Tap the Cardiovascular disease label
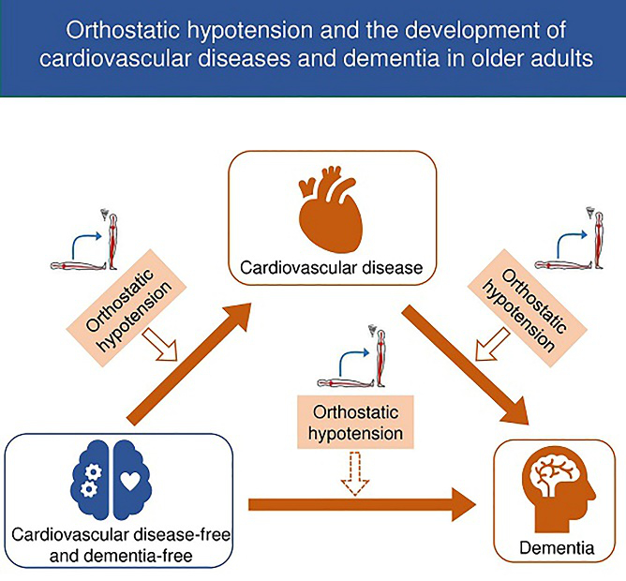(332, 268)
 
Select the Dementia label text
(557, 548)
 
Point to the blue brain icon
(111, 480)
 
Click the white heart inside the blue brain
(130, 481)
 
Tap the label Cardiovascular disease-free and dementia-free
(121, 545)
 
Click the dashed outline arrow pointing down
(355, 473)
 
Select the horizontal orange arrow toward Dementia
(362, 504)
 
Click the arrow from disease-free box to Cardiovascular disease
(189, 364)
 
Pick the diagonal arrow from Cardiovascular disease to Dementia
(466, 365)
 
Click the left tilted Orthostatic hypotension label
(126, 308)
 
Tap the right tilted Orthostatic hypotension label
(528, 308)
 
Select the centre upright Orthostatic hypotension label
(355, 422)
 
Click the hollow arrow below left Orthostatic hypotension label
(160, 344)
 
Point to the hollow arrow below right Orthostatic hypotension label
(493, 344)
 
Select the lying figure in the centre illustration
(346, 383)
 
